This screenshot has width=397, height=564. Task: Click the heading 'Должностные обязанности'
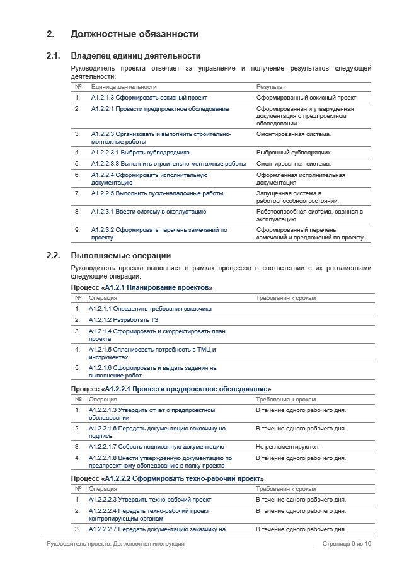tap(135, 34)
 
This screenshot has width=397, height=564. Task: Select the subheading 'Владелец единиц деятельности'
tap(135, 56)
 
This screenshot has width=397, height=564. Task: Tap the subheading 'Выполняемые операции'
tap(120, 256)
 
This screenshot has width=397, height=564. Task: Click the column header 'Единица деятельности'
tap(124, 87)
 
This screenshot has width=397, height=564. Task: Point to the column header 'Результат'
tap(271, 87)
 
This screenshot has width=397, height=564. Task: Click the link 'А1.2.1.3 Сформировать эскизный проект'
tap(149, 98)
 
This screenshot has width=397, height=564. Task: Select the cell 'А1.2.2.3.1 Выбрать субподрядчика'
tap(140, 153)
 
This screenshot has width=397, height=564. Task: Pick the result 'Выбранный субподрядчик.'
tap(294, 153)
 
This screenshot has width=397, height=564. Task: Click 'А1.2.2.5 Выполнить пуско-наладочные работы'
tap(157, 193)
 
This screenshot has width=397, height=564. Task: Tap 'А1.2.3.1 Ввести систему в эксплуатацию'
tap(149, 212)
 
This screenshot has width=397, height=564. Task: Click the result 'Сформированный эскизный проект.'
tap(307, 98)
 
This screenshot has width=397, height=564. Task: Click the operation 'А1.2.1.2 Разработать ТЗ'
tap(123, 320)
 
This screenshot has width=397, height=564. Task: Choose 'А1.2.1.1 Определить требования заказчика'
tap(150, 309)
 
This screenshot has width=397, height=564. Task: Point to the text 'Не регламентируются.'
tap(287, 447)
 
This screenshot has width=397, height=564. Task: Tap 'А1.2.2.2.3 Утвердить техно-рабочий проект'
tap(150, 500)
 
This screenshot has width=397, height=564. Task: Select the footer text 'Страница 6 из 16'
tap(347, 544)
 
